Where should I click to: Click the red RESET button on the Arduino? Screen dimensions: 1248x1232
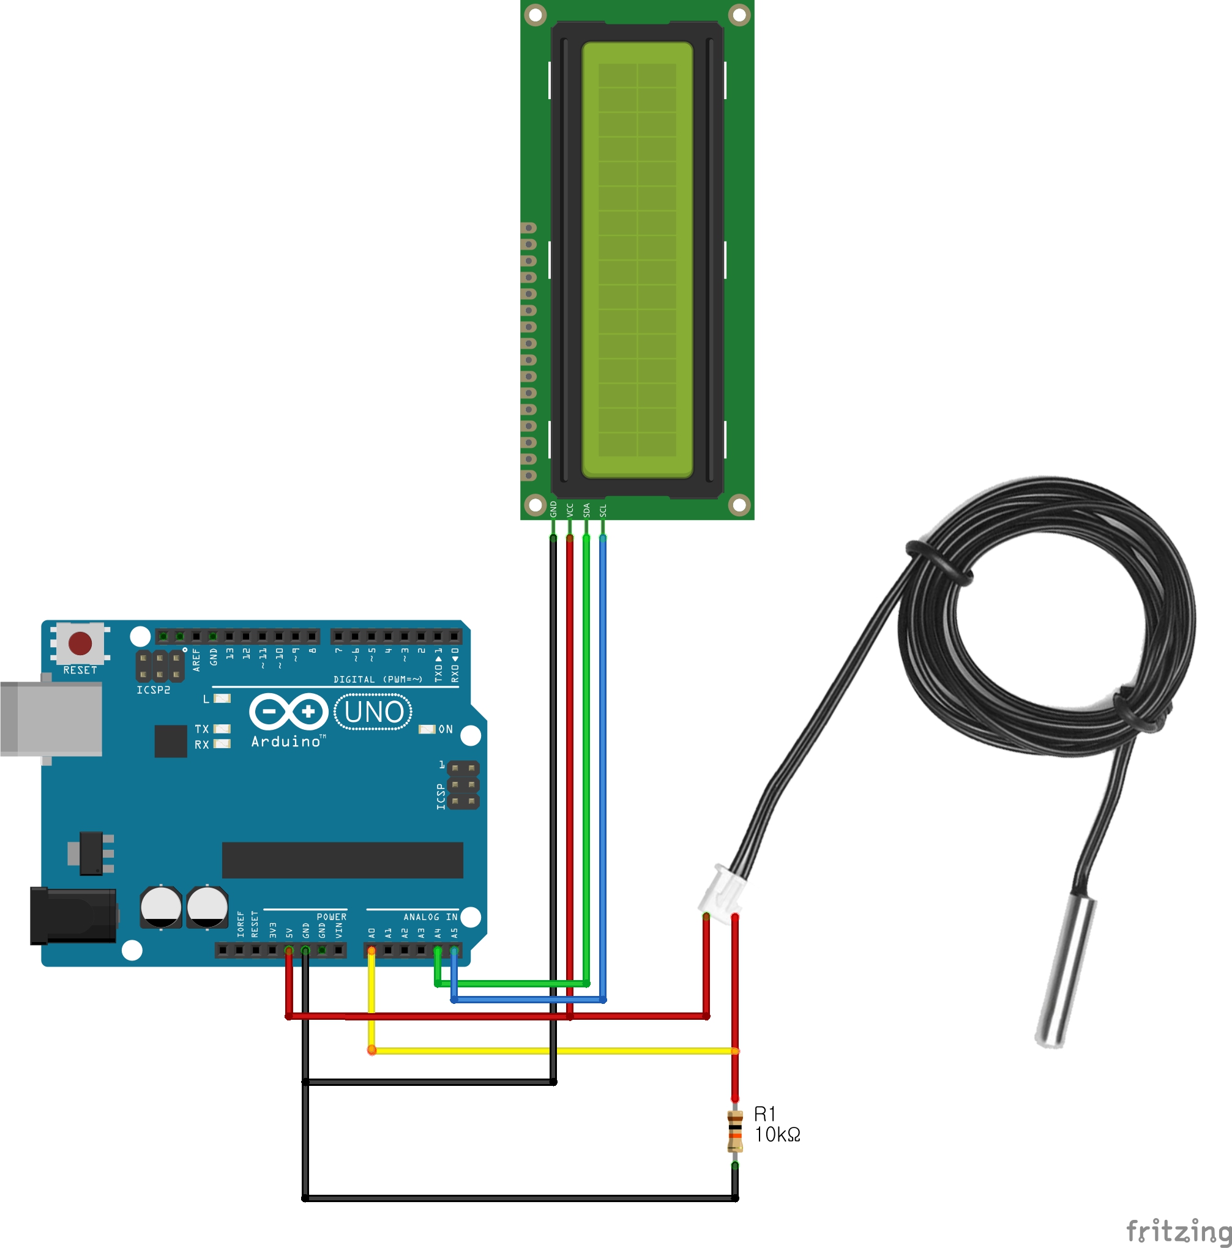[x=80, y=644]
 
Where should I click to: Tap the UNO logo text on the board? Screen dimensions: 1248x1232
[x=373, y=712]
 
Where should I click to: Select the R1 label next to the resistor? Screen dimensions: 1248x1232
[x=764, y=1113]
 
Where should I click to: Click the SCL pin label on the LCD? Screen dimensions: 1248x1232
[x=603, y=510]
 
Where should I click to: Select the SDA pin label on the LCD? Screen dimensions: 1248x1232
[x=586, y=510]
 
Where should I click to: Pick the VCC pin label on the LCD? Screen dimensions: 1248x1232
[x=569, y=510]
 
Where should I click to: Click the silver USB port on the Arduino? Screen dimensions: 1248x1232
[x=51, y=718]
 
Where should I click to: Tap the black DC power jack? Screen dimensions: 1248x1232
[x=73, y=916]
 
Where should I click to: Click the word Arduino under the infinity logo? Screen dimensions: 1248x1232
[x=286, y=741]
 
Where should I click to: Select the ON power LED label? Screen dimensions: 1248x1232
[x=446, y=729]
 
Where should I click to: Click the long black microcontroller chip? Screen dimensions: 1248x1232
[x=343, y=860]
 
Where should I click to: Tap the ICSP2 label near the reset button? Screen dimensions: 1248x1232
[x=153, y=690]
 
